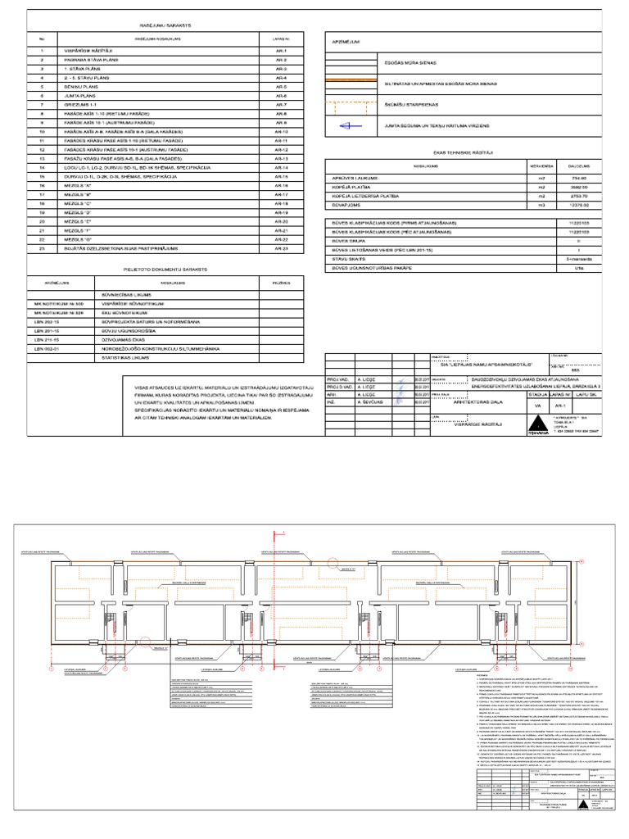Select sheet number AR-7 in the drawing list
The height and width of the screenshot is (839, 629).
coord(280,105)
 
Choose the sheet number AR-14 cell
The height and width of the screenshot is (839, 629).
coord(280,167)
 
